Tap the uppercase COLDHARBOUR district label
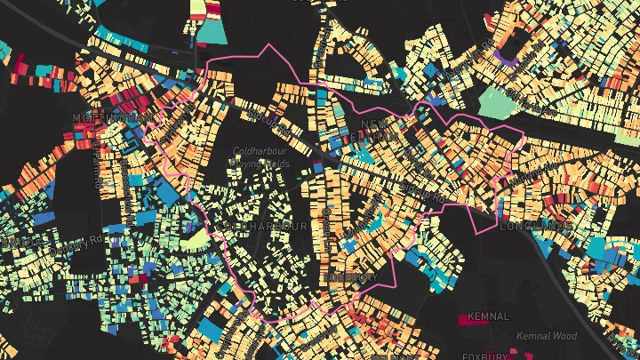265,227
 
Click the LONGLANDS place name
537,226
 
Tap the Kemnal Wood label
547,336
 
